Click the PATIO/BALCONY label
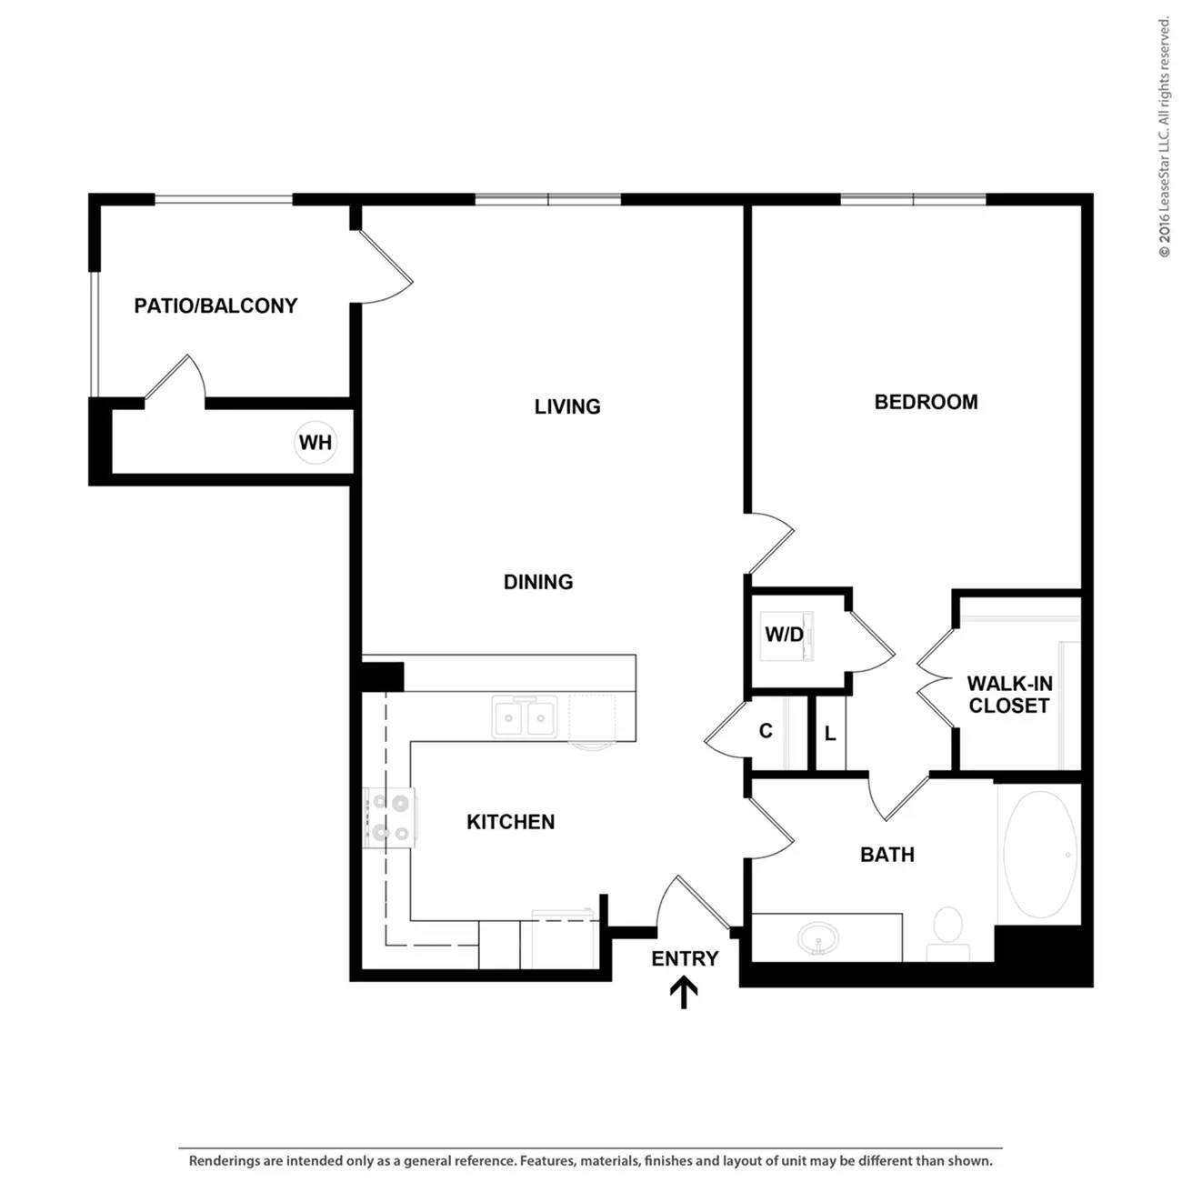pyautogui.click(x=215, y=306)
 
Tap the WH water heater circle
pyautogui.click(x=316, y=442)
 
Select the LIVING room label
pyautogui.click(x=567, y=406)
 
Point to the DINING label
pyautogui.click(x=538, y=582)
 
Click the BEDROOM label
pyautogui.click(x=926, y=402)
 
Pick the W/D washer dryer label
pyautogui.click(x=784, y=634)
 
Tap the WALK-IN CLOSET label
pyautogui.click(x=1009, y=695)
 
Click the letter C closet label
pyautogui.click(x=766, y=730)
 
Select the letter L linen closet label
pyautogui.click(x=830, y=733)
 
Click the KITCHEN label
pyautogui.click(x=510, y=822)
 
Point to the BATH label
pyautogui.click(x=887, y=855)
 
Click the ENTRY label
pyautogui.click(x=685, y=958)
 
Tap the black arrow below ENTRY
pyautogui.click(x=684, y=993)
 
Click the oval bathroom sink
pyautogui.click(x=818, y=937)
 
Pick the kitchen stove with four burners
pyautogui.click(x=389, y=817)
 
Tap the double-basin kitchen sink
pyautogui.click(x=525, y=716)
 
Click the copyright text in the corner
pyautogui.click(x=1164, y=137)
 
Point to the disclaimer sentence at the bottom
pyautogui.click(x=591, y=1160)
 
